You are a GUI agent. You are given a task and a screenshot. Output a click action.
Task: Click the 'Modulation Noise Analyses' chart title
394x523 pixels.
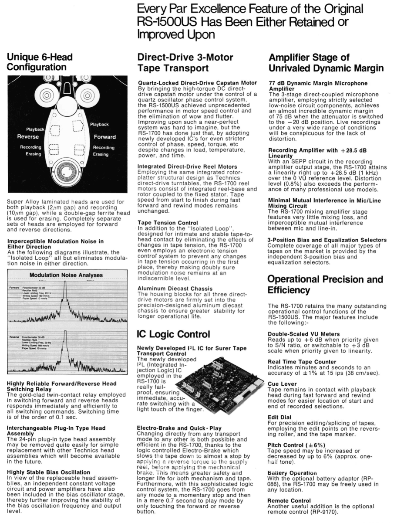pyautogui.click(x=66, y=275)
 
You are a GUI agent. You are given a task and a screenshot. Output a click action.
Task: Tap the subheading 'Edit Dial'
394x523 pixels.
pyautogui.click(x=279, y=417)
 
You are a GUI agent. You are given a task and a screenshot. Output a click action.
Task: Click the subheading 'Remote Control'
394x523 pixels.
pyautogui.click(x=289, y=501)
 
